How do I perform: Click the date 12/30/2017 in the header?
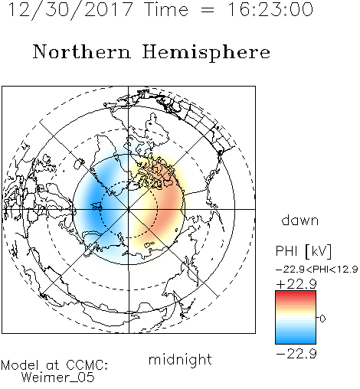pos(70,10)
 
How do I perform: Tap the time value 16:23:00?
pos(270,9)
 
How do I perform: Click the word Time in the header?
pos(166,9)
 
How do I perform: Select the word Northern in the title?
pos(82,51)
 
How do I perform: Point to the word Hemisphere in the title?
pos(206,53)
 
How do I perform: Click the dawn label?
pos(300,220)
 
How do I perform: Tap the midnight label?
pos(180,359)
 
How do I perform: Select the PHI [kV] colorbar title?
pos(303,251)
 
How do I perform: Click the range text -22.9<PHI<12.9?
pos(317,270)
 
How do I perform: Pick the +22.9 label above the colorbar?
pos(296,284)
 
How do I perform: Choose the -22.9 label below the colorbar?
pos(296,354)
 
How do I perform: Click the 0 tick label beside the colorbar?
pos(322,319)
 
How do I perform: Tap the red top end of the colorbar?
pos(296,293)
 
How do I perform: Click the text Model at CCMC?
pos(54,365)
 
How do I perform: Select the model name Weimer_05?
pos(58,378)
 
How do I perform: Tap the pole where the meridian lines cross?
pos(129,209)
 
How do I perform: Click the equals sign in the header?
pos(208,11)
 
